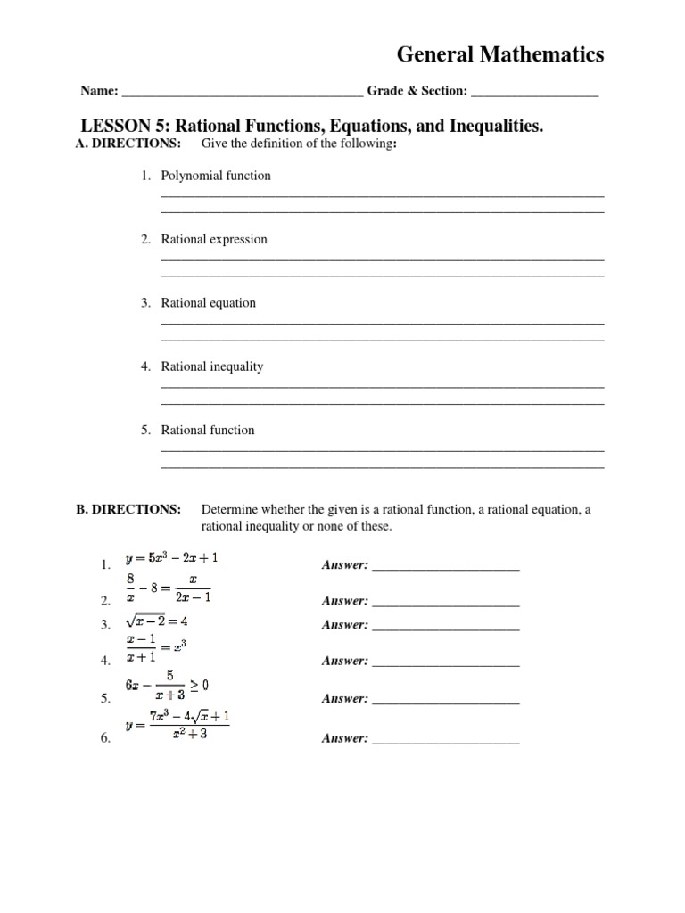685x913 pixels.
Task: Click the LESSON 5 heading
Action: coord(311,127)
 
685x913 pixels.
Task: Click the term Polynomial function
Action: coord(216,176)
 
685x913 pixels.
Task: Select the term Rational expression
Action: coord(214,239)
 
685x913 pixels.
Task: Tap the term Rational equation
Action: coord(208,303)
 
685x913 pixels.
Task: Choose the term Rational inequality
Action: coord(212,366)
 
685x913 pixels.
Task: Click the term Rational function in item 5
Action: coord(208,430)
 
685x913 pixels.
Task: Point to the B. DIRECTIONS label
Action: coord(128,510)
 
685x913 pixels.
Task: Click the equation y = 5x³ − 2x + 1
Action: coord(172,559)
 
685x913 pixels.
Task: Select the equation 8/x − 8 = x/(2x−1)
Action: coord(169,588)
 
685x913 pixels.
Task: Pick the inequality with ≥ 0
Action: coord(167,687)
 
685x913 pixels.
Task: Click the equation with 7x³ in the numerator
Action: coord(178,725)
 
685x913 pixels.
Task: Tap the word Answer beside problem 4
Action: coord(344,662)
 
